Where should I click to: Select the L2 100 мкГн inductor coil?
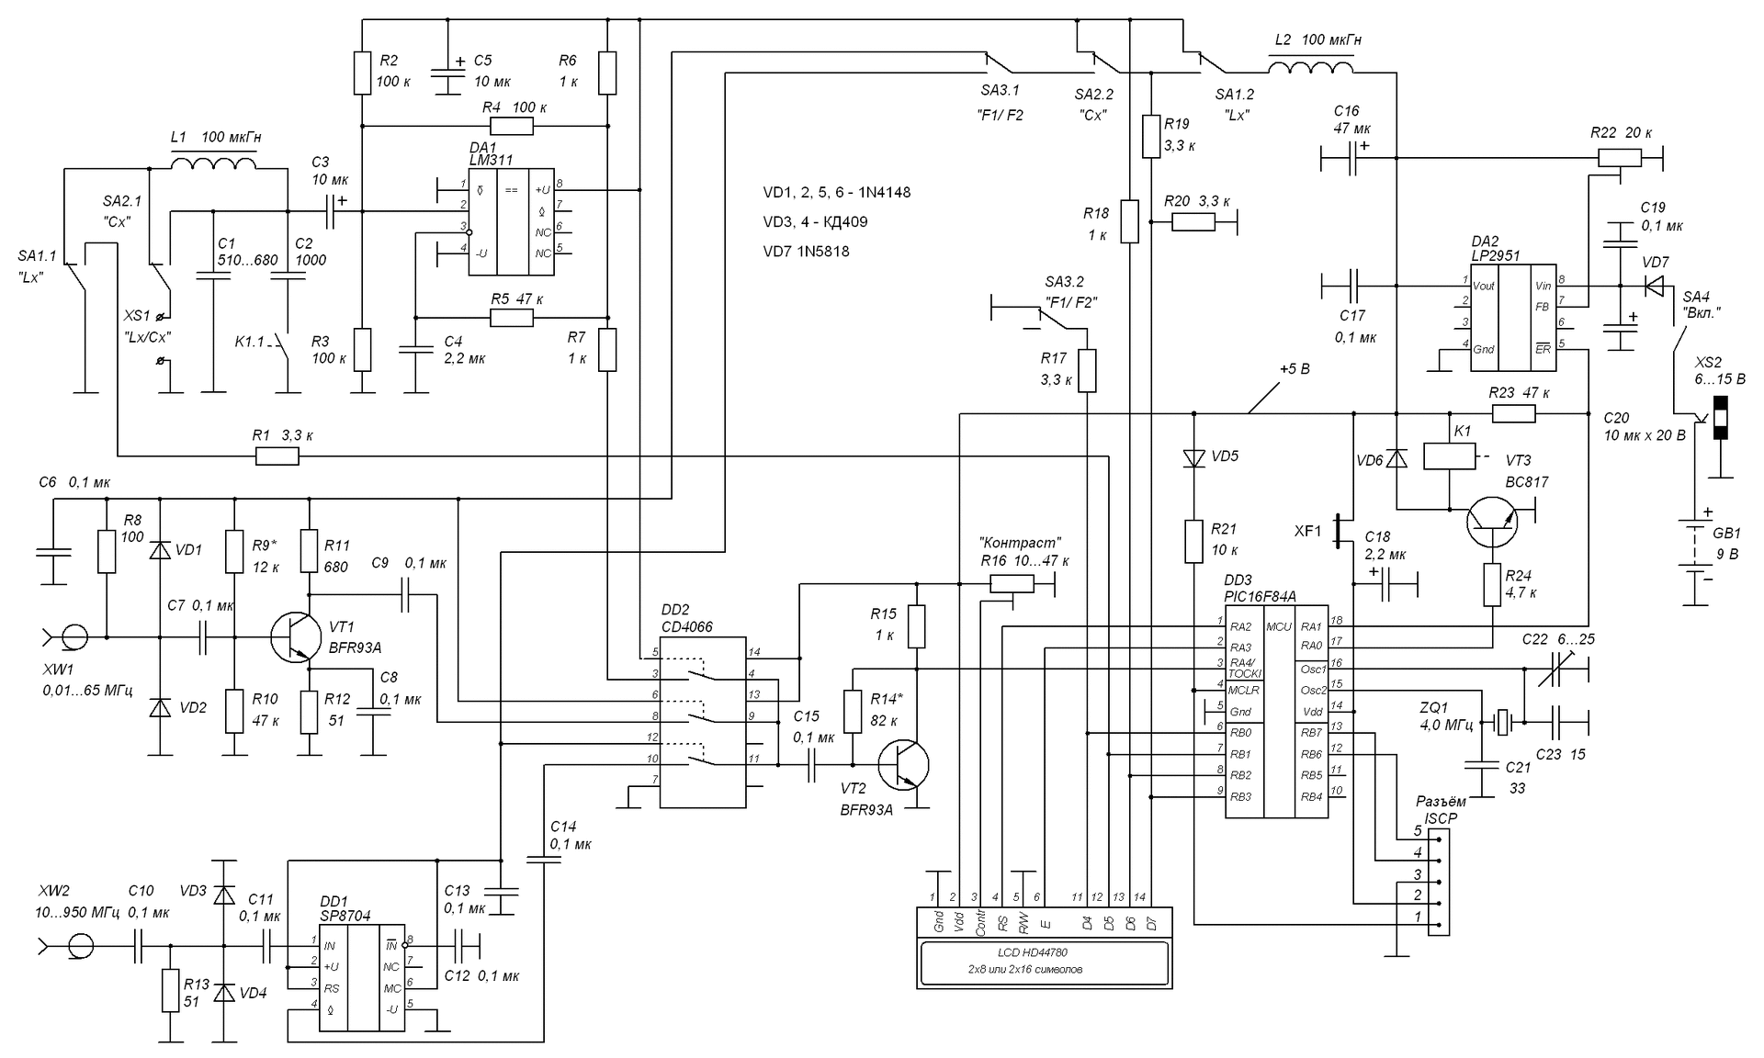[1310, 68]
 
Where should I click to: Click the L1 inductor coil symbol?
[213, 163]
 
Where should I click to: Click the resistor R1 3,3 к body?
[277, 456]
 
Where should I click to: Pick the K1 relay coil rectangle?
[1449, 456]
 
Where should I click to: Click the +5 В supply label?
[1294, 369]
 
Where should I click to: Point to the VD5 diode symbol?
[1193, 457]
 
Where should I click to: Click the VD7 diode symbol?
[1654, 287]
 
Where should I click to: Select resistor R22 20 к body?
[1623, 159]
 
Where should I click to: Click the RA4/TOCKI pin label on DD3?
[1245, 667]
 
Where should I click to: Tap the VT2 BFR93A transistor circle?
[903, 764]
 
